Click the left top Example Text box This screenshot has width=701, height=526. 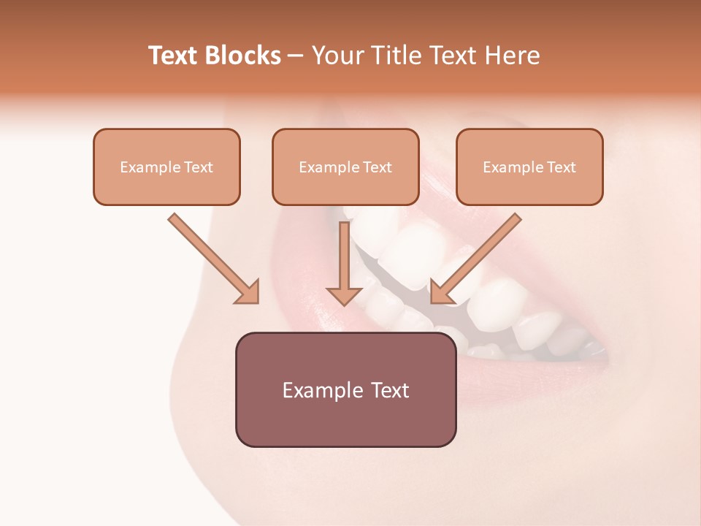coord(166,167)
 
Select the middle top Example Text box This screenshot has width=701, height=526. coord(345,167)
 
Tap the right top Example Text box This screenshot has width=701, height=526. coord(529,167)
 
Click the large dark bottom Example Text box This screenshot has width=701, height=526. coord(345,389)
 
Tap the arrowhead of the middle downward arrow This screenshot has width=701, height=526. coord(344,294)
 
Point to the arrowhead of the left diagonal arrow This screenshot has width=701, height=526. coord(248,292)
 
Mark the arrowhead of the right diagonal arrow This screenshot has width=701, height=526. coord(441,292)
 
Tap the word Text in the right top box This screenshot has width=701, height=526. coord(562,167)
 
